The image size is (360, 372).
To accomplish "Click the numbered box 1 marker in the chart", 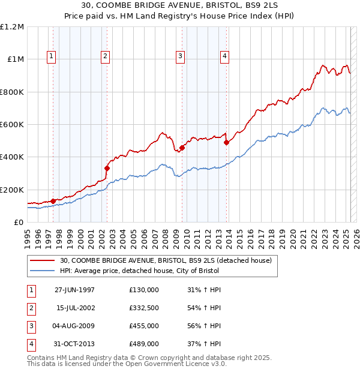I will [x=51, y=56].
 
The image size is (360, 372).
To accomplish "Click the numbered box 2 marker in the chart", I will [x=105, y=56].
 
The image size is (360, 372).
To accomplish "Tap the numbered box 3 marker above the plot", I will [x=180, y=56].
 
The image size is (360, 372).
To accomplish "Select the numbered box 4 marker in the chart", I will [x=224, y=56].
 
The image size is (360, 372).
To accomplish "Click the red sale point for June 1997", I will [x=53, y=201].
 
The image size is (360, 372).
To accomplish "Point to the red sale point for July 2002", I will [x=107, y=168].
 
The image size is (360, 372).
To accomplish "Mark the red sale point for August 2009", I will [x=182, y=148].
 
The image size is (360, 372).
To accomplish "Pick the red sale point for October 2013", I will [x=226, y=142].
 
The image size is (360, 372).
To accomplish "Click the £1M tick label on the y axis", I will [x=15, y=59].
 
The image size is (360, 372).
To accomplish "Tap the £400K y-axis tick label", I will [x=12, y=157].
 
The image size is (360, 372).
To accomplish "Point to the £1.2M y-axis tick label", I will [x=12, y=27].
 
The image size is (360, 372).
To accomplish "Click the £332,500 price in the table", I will [x=143, y=308].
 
